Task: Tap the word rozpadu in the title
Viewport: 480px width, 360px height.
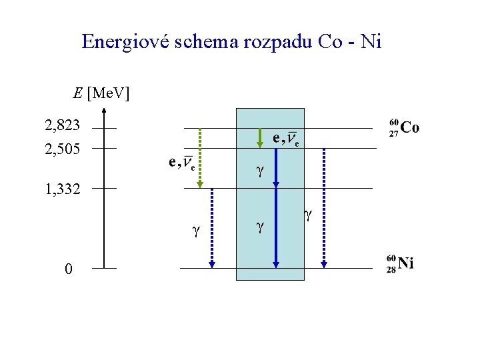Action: point(283,42)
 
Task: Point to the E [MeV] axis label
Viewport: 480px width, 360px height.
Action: point(101,93)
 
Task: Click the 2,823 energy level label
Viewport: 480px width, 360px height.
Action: point(63,125)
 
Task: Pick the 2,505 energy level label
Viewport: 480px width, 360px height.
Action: point(63,149)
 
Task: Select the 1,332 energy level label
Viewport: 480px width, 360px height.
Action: point(63,189)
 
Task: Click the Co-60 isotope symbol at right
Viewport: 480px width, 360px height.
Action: point(404,127)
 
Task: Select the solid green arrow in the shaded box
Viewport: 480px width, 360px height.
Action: point(260,137)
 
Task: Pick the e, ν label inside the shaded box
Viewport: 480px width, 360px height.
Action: point(287,139)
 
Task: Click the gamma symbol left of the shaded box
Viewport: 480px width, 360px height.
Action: point(195,231)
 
